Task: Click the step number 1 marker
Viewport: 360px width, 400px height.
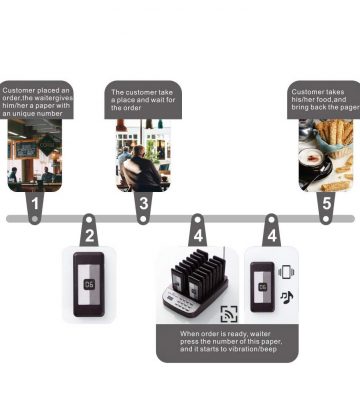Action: click(x=35, y=204)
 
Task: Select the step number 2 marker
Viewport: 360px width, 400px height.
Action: click(x=89, y=236)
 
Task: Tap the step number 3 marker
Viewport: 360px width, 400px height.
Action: click(x=143, y=204)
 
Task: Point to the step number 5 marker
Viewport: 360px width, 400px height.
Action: click(x=326, y=203)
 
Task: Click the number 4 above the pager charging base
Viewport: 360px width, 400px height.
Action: click(x=198, y=236)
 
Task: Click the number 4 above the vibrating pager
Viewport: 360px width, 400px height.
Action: click(x=272, y=236)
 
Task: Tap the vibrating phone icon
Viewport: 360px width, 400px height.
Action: click(x=286, y=272)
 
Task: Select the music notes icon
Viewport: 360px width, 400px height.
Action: click(x=286, y=297)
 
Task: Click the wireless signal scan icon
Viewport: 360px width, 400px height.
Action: click(x=229, y=314)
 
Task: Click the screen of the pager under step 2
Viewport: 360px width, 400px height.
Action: click(x=89, y=284)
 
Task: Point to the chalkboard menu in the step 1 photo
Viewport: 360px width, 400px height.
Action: click(x=27, y=150)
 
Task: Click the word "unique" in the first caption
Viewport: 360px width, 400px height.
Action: click(x=25, y=114)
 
